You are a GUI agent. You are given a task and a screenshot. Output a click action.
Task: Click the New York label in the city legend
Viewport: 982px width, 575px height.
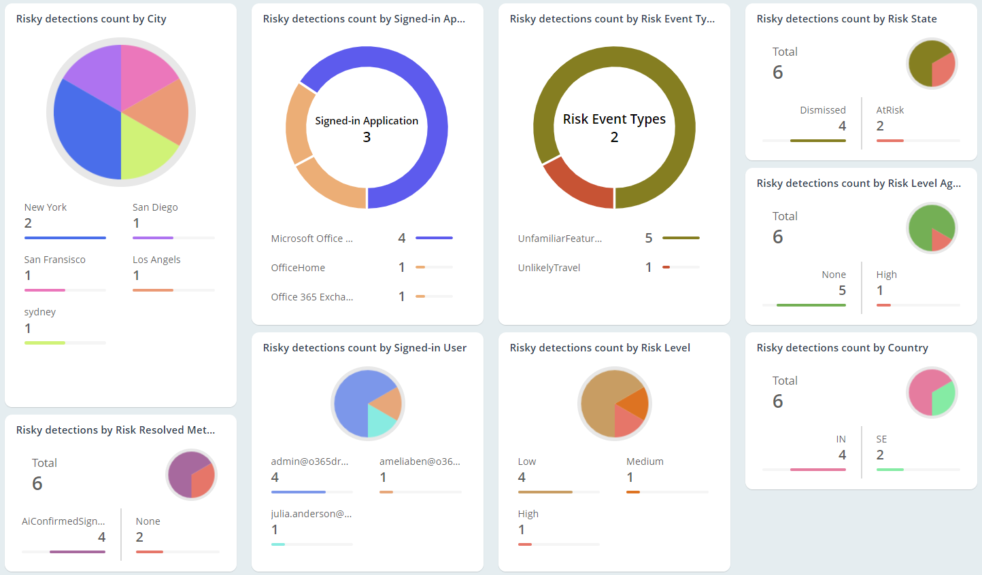point(46,207)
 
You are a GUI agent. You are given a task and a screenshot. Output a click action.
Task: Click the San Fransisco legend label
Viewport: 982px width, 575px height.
point(55,260)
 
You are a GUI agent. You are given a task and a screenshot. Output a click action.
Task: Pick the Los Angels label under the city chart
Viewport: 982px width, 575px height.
point(156,260)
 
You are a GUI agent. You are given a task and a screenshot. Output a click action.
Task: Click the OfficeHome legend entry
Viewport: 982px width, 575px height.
point(298,268)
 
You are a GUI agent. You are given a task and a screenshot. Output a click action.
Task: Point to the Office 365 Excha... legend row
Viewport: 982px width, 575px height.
point(312,297)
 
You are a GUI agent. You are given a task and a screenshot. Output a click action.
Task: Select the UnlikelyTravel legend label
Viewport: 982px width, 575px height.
point(549,268)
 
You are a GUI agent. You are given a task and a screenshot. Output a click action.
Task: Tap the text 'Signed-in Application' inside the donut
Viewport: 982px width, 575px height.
point(367,121)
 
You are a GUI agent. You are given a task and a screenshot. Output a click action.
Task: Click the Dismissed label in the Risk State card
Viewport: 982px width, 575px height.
point(823,110)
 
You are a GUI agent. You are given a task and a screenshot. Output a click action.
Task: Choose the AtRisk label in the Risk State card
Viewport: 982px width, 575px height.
point(890,110)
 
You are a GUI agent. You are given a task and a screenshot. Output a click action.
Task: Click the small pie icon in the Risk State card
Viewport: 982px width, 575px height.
point(932,64)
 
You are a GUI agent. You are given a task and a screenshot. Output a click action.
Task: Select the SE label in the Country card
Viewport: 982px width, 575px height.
point(881,439)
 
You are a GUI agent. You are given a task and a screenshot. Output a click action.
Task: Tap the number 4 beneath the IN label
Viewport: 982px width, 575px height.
point(842,455)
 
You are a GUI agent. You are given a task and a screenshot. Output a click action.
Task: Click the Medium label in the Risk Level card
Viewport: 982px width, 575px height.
point(645,461)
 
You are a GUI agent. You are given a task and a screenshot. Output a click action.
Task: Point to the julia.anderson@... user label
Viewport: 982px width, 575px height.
point(311,514)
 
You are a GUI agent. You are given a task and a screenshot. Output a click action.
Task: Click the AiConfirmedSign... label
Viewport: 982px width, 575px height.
point(63,521)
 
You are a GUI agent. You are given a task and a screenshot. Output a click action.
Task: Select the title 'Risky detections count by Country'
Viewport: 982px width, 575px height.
point(842,348)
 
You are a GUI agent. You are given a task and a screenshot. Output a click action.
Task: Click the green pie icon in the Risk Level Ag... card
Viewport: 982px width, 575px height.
point(932,228)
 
